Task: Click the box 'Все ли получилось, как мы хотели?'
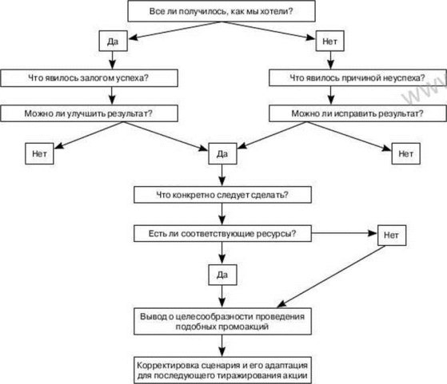pyautogui.click(x=222, y=11)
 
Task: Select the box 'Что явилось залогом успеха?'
pyautogui.click(x=90, y=78)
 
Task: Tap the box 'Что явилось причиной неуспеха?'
pyautogui.click(x=357, y=78)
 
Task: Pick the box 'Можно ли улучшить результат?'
pyautogui.click(x=90, y=113)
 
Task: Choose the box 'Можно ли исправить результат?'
pyautogui.click(x=357, y=113)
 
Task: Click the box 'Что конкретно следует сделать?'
pyautogui.click(x=222, y=195)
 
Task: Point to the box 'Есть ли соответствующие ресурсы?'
pyautogui.click(x=222, y=233)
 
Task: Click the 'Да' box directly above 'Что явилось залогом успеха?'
pyautogui.click(x=114, y=41)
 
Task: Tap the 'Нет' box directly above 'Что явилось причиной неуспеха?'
pyautogui.click(x=329, y=41)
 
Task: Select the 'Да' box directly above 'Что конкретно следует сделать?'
pyautogui.click(x=222, y=154)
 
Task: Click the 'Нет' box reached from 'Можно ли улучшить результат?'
pyautogui.click(x=39, y=154)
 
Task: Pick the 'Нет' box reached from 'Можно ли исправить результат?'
pyautogui.click(x=406, y=154)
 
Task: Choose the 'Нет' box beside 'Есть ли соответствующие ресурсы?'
pyautogui.click(x=392, y=236)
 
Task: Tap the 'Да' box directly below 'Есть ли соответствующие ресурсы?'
pyautogui.click(x=222, y=275)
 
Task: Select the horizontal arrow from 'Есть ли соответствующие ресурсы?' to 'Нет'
pyautogui.click(x=345, y=233)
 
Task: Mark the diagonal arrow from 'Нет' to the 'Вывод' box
pyautogui.click(x=331, y=277)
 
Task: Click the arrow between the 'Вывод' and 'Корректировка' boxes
pyautogui.click(x=222, y=346)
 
